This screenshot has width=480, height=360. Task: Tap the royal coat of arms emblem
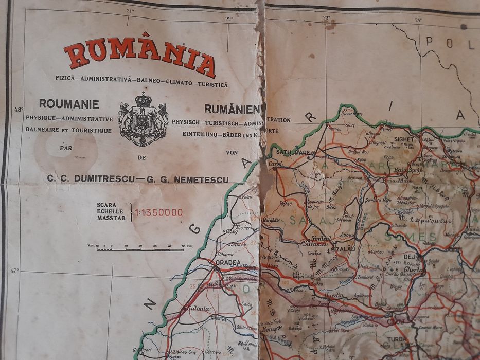point(143,117)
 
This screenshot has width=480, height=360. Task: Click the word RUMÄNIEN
point(233,109)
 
